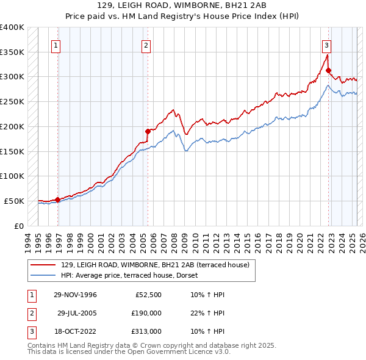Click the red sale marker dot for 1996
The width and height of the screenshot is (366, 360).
[x=57, y=199]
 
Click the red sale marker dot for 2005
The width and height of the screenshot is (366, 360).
[x=147, y=131]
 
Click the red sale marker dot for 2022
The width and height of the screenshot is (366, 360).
[x=328, y=70]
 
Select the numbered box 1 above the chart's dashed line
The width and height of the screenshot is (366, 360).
[x=56, y=45]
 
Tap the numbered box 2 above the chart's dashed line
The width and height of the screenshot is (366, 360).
[x=146, y=45]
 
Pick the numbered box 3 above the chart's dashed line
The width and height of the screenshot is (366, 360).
[x=326, y=45]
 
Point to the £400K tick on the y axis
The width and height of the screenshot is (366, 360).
[x=12, y=27]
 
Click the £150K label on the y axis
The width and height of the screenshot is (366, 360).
[x=12, y=151]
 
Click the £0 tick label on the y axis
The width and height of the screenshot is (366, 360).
[x=19, y=226]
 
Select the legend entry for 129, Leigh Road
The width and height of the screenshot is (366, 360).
[x=155, y=265]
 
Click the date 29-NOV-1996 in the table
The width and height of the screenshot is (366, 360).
[x=75, y=295]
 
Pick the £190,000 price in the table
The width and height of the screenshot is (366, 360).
[x=147, y=313]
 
